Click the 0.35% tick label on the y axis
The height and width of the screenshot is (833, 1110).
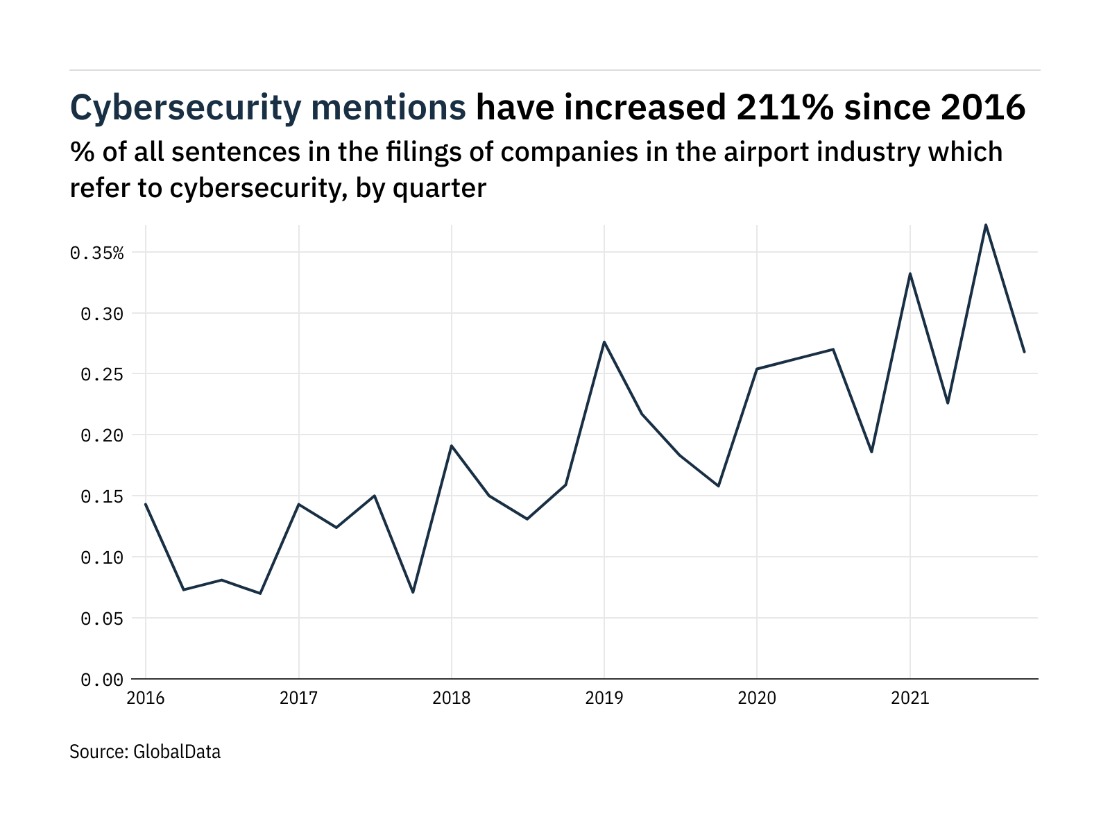pyautogui.click(x=96, y=253)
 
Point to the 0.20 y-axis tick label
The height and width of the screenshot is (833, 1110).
pyautogui.click(x=102, y=435)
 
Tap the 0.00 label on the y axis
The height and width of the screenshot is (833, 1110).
pyautogui.click(x=102, y=680)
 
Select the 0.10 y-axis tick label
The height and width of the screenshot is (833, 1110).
pyautogui.click(x=102, y=557)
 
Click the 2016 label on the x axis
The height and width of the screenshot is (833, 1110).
pyautogui.click(x=146, y=698)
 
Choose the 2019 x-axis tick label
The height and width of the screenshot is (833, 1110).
pyautogui.click(x=604, y=698)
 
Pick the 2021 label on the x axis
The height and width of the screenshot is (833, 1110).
pyautogui.click(x=910, y=698)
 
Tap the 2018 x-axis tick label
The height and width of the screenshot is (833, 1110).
pyautogui.click(x=452, y=698)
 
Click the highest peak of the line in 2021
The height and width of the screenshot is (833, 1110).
pyautogui.click(x=986, y=225)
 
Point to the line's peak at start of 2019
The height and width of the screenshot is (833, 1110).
pyautogui.click(x=604, y=342)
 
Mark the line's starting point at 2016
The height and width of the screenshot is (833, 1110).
pyautogui.click(x=146, y=504)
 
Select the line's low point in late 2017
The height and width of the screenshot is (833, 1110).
pyautogui.click(x=413, y=592)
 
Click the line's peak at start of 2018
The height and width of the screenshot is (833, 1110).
pyautogui.click(x=452, y=446)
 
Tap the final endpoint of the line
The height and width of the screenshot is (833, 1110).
pyautogui.click(x=1024, y=352)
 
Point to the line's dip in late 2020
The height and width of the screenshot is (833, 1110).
pyautogui.click(x=871, y=452)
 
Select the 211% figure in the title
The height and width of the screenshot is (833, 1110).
pyautogui.click(x=775, y=108)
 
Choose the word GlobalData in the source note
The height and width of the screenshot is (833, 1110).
pyautogui.click(x=177, y=752)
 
